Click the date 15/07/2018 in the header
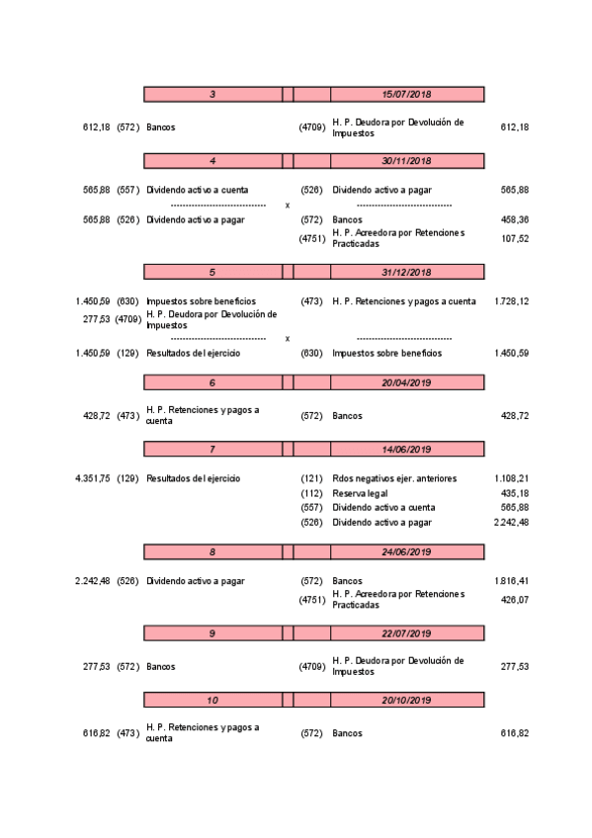(407, 94)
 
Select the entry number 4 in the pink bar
(212, 160)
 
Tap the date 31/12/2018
(407, 272)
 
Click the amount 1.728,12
(511, 301)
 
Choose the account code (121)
(311, 478)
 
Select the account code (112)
(311, 493)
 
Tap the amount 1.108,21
(511, 478)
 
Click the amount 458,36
(514, 219)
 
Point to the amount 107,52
(514, 238)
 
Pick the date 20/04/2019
(407, 382)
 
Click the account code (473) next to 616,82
(127, 733)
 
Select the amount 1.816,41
(511, 581)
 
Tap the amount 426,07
(514, 599)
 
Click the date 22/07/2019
(407, 633)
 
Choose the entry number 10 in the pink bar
(212, 701)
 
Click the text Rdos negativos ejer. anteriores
(394, 478)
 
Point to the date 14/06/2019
(407, 450)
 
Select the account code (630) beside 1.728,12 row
(127, 301)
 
